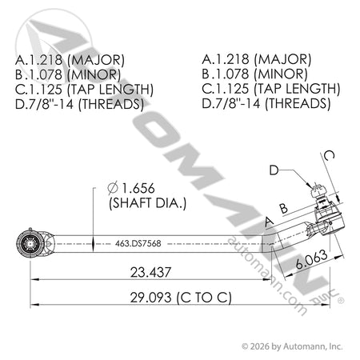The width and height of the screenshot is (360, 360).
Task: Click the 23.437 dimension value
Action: [150, 272]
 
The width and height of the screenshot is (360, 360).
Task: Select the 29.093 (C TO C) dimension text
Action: [181, 298]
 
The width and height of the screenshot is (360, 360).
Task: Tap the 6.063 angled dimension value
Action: [311, 259]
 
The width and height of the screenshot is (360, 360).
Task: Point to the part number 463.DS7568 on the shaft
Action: [138, 243]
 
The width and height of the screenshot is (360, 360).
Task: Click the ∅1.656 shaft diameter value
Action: [131, 188]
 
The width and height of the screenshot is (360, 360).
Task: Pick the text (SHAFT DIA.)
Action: [147, 203]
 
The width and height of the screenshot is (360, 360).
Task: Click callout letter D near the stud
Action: [274, 170]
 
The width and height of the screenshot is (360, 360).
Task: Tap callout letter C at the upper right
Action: [329, 155]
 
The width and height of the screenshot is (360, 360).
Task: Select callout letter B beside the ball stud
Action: [284, 208]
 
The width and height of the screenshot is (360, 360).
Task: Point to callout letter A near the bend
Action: [269, 222]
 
